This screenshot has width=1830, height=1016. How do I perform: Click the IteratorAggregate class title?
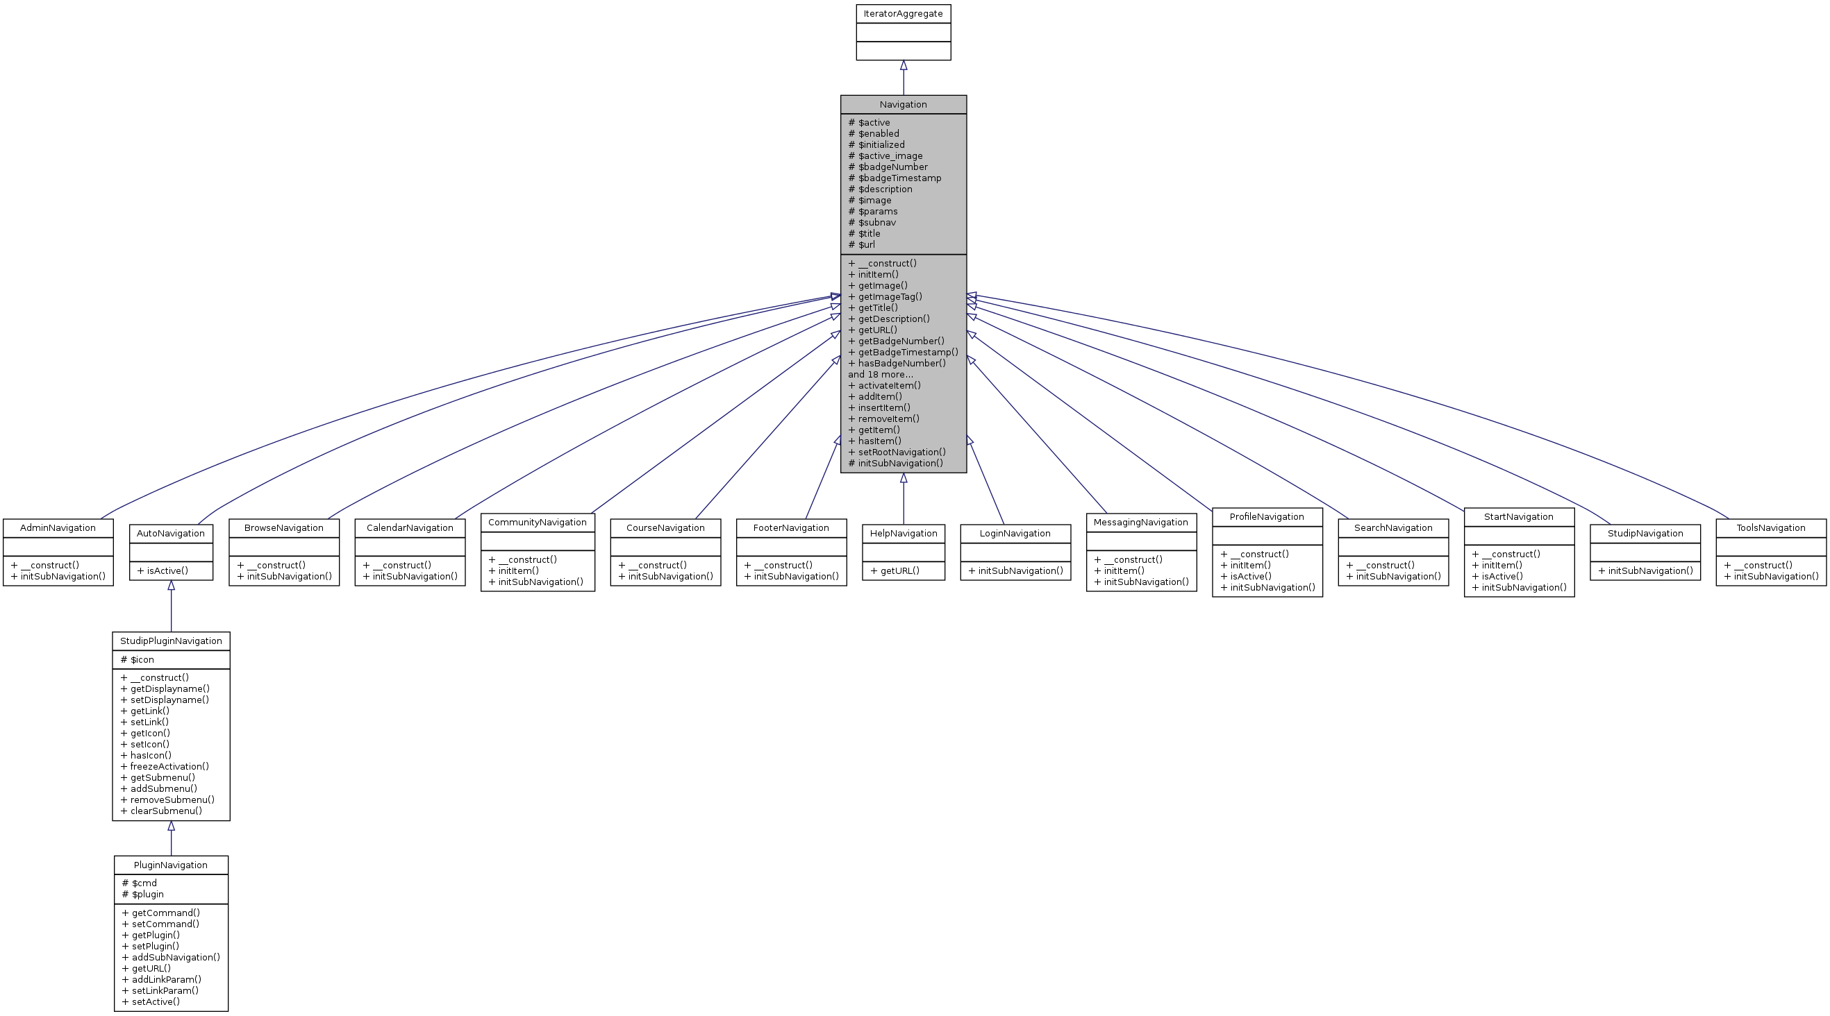coord(903,13)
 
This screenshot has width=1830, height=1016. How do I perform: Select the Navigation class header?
coord(903,104)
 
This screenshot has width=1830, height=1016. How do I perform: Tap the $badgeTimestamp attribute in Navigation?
coord(899,178)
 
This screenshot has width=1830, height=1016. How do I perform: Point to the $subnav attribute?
coord(876,222)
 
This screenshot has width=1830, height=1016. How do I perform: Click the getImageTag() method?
coord(890,297)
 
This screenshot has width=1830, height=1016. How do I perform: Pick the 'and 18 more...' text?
coord(880,374)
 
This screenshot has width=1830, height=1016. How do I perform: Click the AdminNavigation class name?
coord(58,528)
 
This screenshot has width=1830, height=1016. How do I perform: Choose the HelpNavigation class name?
coord(903,534)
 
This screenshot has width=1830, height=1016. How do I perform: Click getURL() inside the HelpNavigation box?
coord(899,571)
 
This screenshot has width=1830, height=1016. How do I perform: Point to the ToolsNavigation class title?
coord(1770,528)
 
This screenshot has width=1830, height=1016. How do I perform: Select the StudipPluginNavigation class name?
coord(170,641)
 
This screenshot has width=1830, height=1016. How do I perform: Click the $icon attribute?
coord(142,659)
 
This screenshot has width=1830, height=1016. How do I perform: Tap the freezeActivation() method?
coord(169,767)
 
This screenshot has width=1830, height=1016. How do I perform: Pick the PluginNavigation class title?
coord(170,865)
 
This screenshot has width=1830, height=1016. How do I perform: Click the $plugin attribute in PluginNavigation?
coord(147,895)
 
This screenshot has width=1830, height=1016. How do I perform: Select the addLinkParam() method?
coord(166,980)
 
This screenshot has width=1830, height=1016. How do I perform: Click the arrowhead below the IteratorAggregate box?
coord(904,65)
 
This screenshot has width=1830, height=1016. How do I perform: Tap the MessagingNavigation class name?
coord(1141,523)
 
